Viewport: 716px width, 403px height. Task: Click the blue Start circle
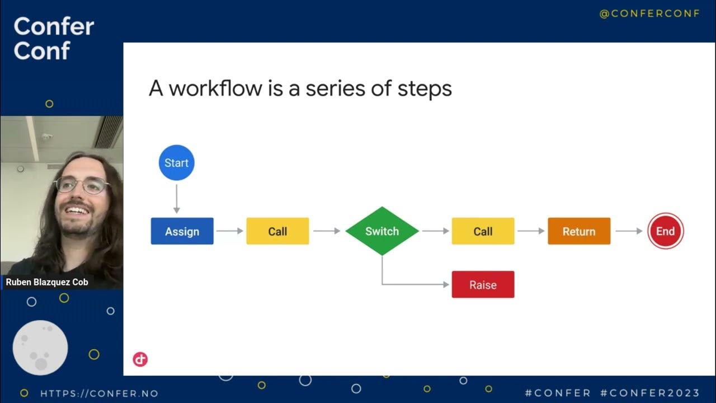176,163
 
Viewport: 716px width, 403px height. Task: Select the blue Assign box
182,231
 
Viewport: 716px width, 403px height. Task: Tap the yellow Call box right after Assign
277,231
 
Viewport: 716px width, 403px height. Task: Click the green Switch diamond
382,231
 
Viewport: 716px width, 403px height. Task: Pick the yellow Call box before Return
483,231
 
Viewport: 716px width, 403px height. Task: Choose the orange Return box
579,231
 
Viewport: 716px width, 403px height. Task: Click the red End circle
665,231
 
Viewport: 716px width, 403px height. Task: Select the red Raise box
483,284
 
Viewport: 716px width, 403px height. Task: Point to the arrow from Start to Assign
176,199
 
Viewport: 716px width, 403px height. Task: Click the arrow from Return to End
629,231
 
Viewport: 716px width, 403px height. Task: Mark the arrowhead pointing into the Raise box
446,284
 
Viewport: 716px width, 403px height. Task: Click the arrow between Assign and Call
229,231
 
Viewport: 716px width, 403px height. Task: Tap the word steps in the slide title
424,88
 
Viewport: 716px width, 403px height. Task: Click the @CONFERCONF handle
649,14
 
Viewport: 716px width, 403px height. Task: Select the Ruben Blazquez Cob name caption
47,282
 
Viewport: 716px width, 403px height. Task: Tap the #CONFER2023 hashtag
649,393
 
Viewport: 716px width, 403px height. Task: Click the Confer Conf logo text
54,38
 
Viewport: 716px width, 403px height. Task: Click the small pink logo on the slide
140,359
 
